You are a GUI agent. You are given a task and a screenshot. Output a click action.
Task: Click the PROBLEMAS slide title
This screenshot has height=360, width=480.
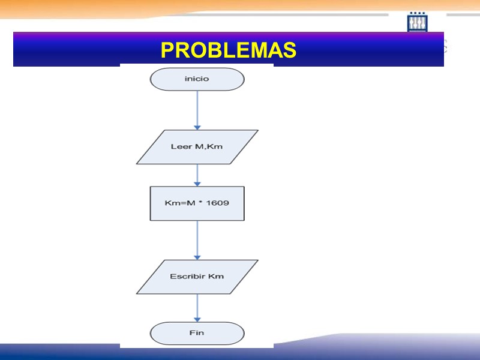228,50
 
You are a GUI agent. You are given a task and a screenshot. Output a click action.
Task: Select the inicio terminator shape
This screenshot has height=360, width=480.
197,79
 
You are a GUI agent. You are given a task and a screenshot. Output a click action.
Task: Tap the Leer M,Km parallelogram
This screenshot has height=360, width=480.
197,147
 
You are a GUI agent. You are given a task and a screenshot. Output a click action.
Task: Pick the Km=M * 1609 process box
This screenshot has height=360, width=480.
197,203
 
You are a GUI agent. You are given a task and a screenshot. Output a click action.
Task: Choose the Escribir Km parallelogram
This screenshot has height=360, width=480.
197,277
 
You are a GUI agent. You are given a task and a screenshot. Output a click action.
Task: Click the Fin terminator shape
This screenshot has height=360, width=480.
197,333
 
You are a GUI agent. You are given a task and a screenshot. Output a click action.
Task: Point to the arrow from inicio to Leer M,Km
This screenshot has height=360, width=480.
197,109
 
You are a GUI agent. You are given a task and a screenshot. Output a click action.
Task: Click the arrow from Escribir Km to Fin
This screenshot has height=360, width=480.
197,307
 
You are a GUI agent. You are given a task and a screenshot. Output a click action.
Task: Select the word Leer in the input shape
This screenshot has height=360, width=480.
181,147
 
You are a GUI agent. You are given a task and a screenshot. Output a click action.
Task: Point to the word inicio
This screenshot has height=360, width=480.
197,79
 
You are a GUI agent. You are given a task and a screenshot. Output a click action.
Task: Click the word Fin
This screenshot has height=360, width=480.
197,333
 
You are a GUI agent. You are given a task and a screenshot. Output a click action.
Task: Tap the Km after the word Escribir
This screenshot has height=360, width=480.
216,277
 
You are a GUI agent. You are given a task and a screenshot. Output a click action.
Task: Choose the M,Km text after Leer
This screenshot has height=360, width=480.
208,147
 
